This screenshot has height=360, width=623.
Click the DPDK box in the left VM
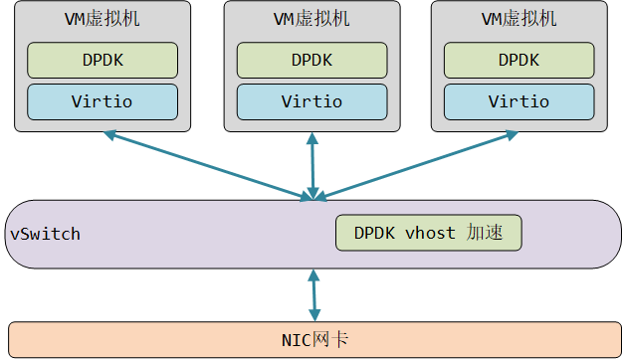tap(103, 60)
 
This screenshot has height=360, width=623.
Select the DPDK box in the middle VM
tap(311, 60)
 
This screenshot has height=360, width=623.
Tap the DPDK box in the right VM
tap(519, 60)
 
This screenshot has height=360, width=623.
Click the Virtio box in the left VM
tap(103, 101)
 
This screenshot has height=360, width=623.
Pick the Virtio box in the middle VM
tap(311, 101)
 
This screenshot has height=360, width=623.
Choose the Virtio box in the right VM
tap(519, 101)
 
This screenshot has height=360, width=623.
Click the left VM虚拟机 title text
tap(103, 19)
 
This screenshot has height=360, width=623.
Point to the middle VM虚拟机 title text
tap(311, 19)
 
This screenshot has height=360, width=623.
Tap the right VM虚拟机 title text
tap(519, 19)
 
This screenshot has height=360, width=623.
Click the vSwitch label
tap(45, 234)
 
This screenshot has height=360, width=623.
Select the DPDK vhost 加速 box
tap(428, 233)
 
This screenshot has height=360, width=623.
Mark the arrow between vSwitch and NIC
tap(314, 293)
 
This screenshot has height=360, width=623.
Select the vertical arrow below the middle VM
tap(313, 165)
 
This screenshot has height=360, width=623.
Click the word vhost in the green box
tap(430, 233)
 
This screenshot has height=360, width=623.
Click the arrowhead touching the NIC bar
tap(314, 314)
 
